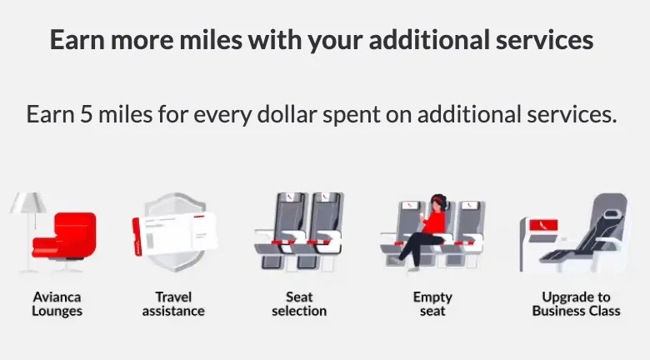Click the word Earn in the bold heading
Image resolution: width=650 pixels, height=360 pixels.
pos(77,40)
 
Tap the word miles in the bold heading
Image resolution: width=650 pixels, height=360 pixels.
pos(211,40)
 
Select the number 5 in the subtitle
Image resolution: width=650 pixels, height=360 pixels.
pos(86,114)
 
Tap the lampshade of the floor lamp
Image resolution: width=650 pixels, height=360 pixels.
pos(28,202)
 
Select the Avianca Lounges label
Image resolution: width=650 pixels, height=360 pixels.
pos(57,304)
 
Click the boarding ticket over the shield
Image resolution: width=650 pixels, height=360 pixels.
pos(174,233)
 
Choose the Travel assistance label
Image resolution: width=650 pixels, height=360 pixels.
pos(173,304)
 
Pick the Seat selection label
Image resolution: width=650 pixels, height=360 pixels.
pos(299,304)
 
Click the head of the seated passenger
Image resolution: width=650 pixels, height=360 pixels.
pos(438,202)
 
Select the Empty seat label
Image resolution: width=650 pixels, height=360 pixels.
pos(432,304)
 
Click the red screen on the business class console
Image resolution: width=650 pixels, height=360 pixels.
pos(543,226)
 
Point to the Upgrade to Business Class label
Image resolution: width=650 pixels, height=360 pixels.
pos(576,304)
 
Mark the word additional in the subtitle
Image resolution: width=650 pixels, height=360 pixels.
pos(469,114)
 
